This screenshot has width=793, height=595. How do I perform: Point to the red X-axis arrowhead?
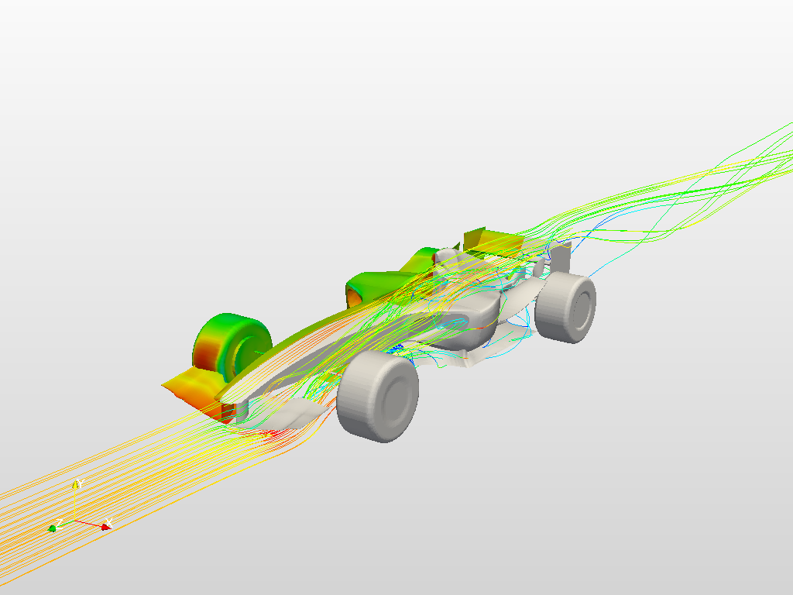coord(105,527)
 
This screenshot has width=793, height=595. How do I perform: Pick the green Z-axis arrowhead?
coord(52,528)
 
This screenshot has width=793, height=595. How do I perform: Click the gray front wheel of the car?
coord(378,397)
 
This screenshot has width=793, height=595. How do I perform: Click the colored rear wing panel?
coord(474,239)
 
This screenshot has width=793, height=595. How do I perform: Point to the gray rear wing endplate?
coord(561,256)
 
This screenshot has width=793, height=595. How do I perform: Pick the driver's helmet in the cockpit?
coord(446,256)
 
